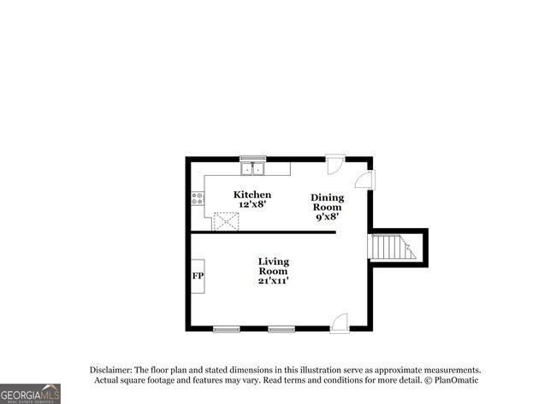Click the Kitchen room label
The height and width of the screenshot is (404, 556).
(x=253, y=195)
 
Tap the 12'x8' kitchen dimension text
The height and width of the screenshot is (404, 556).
(x=253, y=205)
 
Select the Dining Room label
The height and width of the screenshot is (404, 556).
(x=326, y=202)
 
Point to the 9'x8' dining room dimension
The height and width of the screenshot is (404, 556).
(x=326, y=217)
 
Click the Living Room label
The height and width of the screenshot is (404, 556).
(x=274, y=266)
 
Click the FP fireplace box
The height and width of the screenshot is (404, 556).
(x=198, y=276)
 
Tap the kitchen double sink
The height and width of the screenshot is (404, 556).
(x=252, y=168)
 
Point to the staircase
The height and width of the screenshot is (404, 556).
(x=392, y=247)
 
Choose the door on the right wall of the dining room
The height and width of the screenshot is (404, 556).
(x=365, y=179)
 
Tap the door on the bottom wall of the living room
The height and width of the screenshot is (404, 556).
(x=340, y=323)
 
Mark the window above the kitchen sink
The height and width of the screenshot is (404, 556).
(x=252, y=158)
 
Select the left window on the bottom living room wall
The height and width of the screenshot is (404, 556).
(x=226, y=329)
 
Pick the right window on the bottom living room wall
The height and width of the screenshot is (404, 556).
(x=281, y=329)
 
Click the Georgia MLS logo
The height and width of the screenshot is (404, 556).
(x=31, y=393)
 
